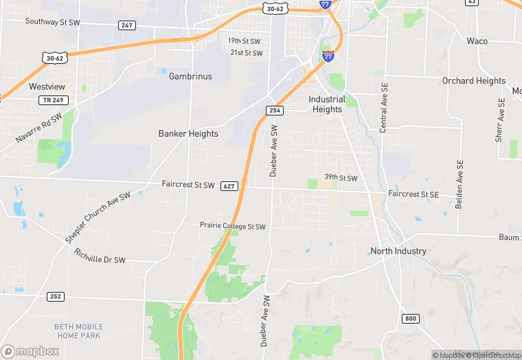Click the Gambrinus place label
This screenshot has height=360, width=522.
tap(190, 76)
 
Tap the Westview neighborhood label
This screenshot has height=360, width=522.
tap(47, 87)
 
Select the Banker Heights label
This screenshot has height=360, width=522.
tap(188, 133)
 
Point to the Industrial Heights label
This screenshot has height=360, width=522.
tap(326, 104)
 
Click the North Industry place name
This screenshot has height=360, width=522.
tap(398, 251)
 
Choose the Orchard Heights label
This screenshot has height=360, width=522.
tap(474, 80)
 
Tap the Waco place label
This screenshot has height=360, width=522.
tap(477, 41)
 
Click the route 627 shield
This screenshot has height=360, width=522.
tap(229, 186)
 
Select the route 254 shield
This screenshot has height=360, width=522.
tap(275, 111)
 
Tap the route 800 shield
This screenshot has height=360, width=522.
tap(411, 318)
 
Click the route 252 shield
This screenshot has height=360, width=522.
tap(56, 296)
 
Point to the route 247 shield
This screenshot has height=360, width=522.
tap(126, 25)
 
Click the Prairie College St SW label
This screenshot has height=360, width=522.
tap(232, 225)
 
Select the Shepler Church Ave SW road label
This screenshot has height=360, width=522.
tap(98, 217)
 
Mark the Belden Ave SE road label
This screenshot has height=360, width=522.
tap(459, 185)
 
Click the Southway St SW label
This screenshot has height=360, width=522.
tap(54, 21)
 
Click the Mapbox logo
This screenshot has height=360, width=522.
tap(30, 351)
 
